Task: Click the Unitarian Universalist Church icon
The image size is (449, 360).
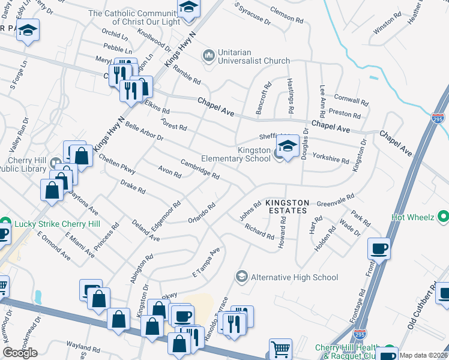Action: (209, 56)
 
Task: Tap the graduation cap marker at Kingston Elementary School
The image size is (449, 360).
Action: (288, 146)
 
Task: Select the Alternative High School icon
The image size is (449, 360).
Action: (241, 277)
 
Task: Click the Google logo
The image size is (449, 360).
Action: (20, 353)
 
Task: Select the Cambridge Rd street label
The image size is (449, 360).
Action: (200, 168)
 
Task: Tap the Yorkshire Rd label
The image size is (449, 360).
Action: (331, 160)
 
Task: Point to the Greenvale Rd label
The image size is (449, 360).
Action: (335, 199)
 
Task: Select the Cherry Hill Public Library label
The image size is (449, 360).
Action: (27, 164)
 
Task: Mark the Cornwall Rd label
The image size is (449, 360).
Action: (351, 100)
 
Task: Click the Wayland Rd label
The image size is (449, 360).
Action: (83, 347)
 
